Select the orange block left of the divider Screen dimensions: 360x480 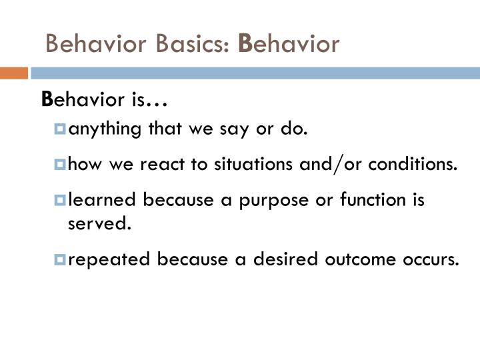pos(13,73)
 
